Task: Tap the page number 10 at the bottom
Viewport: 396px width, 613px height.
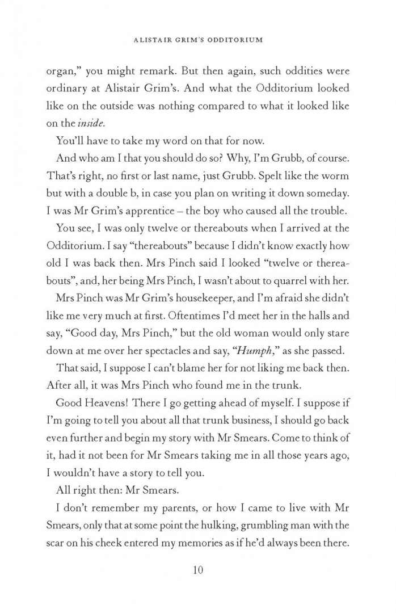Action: pyautogui.click(x=198, y=569)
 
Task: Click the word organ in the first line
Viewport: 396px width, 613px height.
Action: pyautogui.click(x=65, y=73)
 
